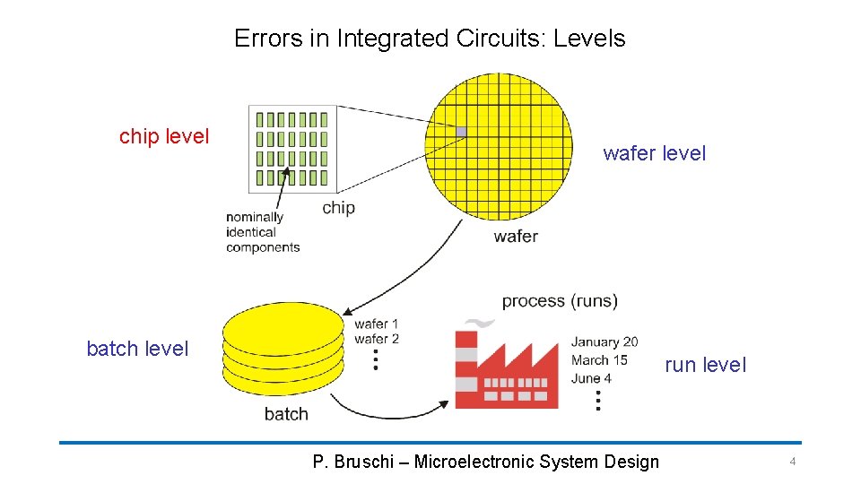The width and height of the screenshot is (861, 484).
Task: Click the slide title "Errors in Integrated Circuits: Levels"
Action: [x=430, y=39]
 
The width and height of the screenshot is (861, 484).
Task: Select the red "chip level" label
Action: [x=164, y=136]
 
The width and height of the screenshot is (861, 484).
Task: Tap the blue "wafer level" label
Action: [x=654, y=153]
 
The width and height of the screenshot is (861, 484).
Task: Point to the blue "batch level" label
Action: [x=137, y=349]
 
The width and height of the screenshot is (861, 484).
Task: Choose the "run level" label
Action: [x=705, y=365]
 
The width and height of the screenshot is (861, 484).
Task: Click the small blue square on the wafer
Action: [x=461, y=132]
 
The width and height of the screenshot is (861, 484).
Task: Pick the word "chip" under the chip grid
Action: [x=338, y=208]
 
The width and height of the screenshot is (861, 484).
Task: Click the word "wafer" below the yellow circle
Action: [x=516, y=237]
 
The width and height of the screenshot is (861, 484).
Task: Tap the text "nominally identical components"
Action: [x=262, y=232]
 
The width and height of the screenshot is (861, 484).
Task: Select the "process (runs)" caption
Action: [x=560, y=300]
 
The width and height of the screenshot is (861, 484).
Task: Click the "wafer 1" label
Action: [x=377, y=324]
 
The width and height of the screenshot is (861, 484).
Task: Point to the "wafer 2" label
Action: [x=377, y=339]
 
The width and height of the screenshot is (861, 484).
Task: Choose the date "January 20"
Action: [x=604, y=341]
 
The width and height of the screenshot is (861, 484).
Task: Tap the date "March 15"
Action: [x=599, y=359]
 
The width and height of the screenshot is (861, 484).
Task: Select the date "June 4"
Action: [x=591, y=377]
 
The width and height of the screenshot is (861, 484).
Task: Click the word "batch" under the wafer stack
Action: [x=286, y=414]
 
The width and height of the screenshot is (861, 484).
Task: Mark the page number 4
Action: [x=792, y=462]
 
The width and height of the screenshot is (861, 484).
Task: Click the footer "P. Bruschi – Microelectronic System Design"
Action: [x=485, y=462]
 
